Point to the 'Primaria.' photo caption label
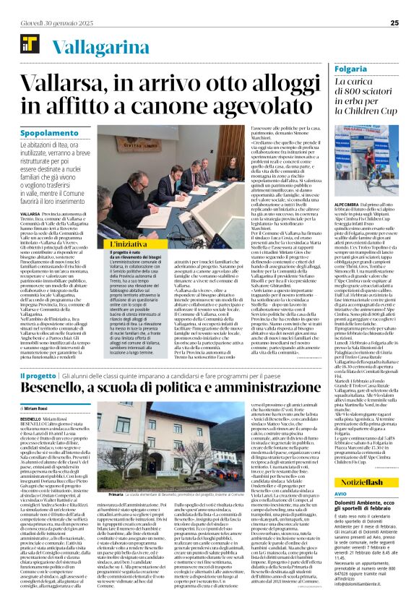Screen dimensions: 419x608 [113, 492]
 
